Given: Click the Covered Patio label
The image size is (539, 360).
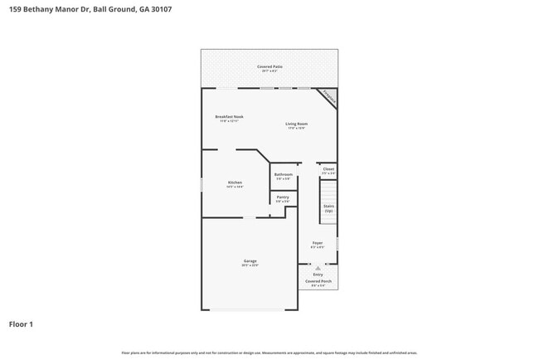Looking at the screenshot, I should (269, 66).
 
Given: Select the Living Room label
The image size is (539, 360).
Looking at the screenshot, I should (296, 124).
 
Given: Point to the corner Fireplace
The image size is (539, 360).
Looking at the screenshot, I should (329, 97).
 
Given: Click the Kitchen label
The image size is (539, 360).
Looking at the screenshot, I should (235, 182).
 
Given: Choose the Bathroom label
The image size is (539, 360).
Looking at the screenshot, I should (284, 174).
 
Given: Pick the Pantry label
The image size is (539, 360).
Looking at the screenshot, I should (283, 197).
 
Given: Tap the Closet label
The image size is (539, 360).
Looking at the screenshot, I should (328, 168).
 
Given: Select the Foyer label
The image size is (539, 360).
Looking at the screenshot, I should (318, 243).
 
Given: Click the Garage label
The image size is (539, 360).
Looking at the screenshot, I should (250, 261).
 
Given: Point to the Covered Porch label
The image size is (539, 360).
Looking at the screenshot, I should (318, 281).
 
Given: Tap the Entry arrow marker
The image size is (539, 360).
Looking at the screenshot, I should (318, 268).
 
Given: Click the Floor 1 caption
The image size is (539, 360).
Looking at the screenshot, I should (21, 324).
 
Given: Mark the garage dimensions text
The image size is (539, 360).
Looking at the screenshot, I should (250, 266).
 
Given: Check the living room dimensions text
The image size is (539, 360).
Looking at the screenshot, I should (296, 128).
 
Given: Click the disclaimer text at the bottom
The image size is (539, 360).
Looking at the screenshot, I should (269, 353).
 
